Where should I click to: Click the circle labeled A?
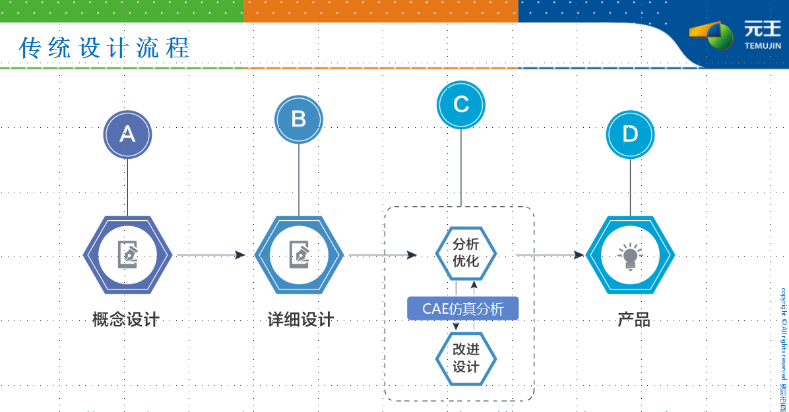tap(127, 134)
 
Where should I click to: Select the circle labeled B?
tap(299, 119)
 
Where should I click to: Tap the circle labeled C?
tap(461, 105)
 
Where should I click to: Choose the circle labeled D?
tap(630, 134)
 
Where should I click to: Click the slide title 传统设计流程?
tap(105, 48)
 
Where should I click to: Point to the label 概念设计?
tap(126, 320)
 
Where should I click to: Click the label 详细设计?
tap(301, 320)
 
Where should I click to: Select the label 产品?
tap(633, 320)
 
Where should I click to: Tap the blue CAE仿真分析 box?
tap(462, 309)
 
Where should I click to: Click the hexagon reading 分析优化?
tap(466, 252)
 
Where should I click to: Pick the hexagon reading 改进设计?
tap(466, 359)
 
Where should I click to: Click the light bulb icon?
tap(629, 256)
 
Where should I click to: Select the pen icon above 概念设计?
tap(128, 254)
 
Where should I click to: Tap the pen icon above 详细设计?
tap(300, 254)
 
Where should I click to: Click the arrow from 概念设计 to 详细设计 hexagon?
tap(211, 255)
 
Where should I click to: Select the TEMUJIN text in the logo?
tap(762, 46)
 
